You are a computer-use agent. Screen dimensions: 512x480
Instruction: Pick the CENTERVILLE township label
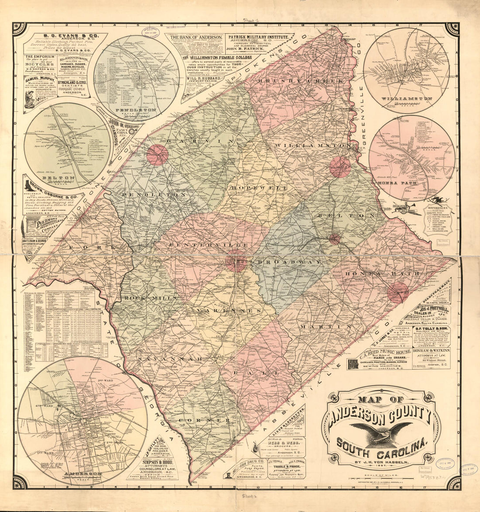point(209,245)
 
